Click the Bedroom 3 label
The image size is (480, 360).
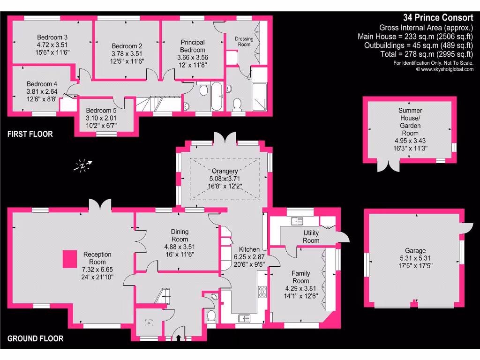52,37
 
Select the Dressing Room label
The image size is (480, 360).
244,42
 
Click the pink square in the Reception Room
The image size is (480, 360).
70,259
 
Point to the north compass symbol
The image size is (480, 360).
84,165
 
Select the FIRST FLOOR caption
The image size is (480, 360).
30,134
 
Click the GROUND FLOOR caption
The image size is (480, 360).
35,338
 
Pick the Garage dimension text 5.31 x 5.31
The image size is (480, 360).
415,259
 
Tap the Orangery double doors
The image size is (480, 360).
224,139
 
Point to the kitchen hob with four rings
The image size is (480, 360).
262,292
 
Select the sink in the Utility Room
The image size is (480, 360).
296,220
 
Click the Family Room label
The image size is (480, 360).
300,277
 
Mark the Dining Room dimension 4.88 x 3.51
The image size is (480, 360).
180,247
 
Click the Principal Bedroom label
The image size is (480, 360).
193,46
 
